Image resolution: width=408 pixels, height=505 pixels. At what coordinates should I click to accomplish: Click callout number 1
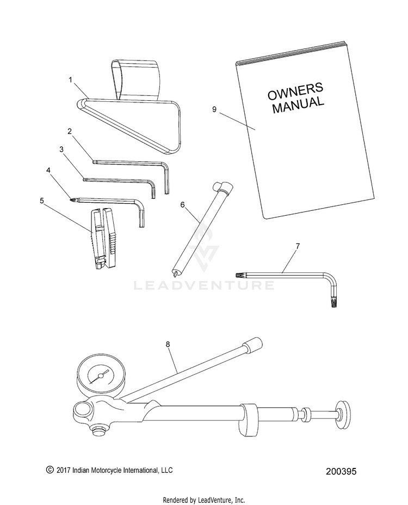click(70, 80)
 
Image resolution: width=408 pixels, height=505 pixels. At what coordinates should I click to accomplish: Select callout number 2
click(70, 131)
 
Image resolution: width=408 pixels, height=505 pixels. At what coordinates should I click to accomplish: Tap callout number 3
click(61, 149)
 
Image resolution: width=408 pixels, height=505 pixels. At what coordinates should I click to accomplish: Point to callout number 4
click(49, 170)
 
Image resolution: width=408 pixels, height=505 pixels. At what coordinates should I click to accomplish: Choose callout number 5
click(42, 200)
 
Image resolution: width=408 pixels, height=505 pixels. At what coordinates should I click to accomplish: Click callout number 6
click(182, 204)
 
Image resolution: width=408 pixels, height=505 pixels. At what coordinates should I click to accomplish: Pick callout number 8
click(168, 344)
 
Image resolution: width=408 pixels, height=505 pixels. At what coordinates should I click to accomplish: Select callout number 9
click(214, 109)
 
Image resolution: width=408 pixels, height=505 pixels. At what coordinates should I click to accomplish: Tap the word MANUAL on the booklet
click(298, 105)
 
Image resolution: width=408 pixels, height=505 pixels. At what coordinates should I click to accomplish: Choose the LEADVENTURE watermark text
click(204, 285)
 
